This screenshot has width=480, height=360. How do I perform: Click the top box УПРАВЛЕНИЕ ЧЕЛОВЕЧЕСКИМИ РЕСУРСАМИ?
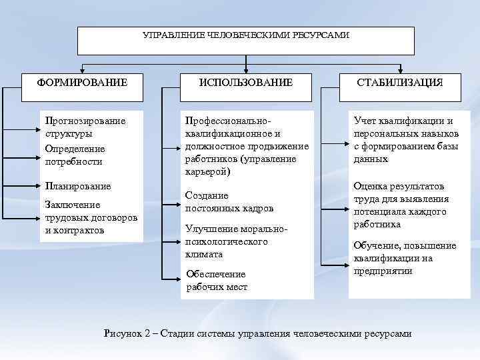point(245,40)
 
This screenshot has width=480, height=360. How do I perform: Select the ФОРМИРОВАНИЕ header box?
point(82,82)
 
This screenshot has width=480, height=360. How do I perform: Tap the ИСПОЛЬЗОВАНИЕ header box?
point(247,82)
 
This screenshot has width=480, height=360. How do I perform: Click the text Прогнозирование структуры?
point(85,127)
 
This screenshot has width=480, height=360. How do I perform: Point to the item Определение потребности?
point(74,155)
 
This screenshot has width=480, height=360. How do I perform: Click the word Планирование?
point(77,186)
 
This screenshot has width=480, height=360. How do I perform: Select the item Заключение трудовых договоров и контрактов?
point(91,217)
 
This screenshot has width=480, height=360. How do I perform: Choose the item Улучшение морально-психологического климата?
point(236,241)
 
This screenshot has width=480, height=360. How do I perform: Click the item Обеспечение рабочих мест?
point(217,281)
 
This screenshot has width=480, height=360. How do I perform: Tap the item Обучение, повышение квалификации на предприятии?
point(405,258)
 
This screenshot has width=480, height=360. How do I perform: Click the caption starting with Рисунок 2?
point(258,333)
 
